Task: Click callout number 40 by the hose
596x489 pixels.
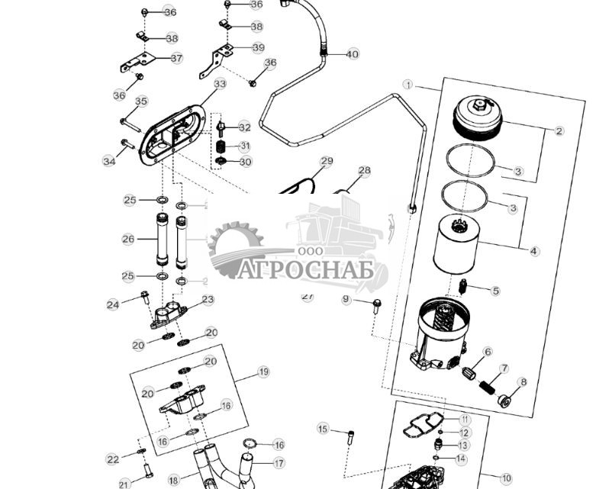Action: click(352, 54)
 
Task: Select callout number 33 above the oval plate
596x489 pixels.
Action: click(220, 84)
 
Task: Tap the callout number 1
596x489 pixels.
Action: click(408, 85)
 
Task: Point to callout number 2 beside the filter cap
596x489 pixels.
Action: click(559, 131)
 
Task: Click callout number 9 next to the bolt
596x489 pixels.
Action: click(346, 300)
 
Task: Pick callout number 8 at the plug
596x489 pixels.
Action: click(523, 382)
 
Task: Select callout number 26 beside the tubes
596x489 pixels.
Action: click(128, 239)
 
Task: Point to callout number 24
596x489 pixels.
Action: click(113, 304)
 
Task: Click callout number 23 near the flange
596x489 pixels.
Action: click(208, 300)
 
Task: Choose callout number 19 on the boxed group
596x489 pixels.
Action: click(263, 372)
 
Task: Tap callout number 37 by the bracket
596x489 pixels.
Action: click(176, 58)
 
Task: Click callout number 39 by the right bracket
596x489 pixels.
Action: click(258, 47)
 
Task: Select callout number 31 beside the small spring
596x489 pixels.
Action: click(244, 146)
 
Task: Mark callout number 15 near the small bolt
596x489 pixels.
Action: click(323, 429)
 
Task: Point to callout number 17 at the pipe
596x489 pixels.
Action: click(279, 463)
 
